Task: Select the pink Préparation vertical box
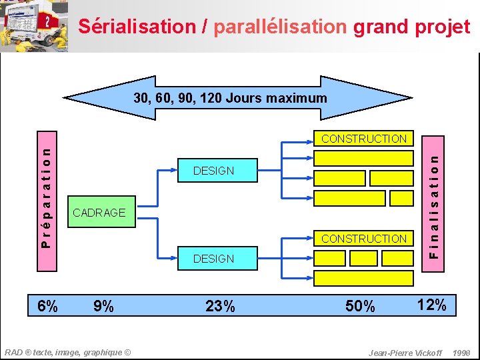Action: [46, 199]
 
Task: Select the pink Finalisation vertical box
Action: [433, 197]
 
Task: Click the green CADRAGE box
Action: [99, 213]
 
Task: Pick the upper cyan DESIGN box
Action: [213, 171]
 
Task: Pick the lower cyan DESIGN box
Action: [213, 259]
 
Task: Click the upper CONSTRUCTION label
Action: [364, 139]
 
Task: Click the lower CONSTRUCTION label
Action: [364, 239]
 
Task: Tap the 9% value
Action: [103, 307]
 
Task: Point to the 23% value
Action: [220, 307]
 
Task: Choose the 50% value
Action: [360, 307]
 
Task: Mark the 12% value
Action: [431, 305]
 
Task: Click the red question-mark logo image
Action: [47, 23]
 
